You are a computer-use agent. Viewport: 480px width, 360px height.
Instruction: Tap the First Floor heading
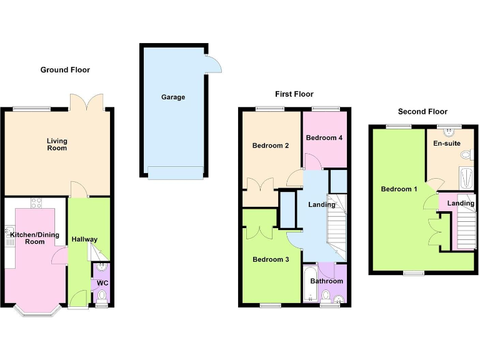coord(294,94)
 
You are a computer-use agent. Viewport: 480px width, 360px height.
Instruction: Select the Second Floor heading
coord(423,112)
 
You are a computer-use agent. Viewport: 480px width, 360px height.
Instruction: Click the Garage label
coord(173,97)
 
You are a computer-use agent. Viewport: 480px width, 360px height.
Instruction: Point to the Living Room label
coord(56,144)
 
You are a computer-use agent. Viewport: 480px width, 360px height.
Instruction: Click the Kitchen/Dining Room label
coord(34,238)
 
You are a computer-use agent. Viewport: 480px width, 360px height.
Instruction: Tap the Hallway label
coord(84,239)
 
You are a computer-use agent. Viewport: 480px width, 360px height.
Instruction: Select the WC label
coord(103,283)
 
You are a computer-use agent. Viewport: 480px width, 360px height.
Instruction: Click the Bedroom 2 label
coord(270,146)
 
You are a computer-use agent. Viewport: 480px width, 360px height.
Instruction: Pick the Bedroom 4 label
coord(324,137)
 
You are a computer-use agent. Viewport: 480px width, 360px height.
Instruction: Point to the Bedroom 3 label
coord(270,259)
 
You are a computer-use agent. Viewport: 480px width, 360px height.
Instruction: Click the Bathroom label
coord(327,281)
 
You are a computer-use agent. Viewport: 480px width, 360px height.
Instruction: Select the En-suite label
coord(446,143)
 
